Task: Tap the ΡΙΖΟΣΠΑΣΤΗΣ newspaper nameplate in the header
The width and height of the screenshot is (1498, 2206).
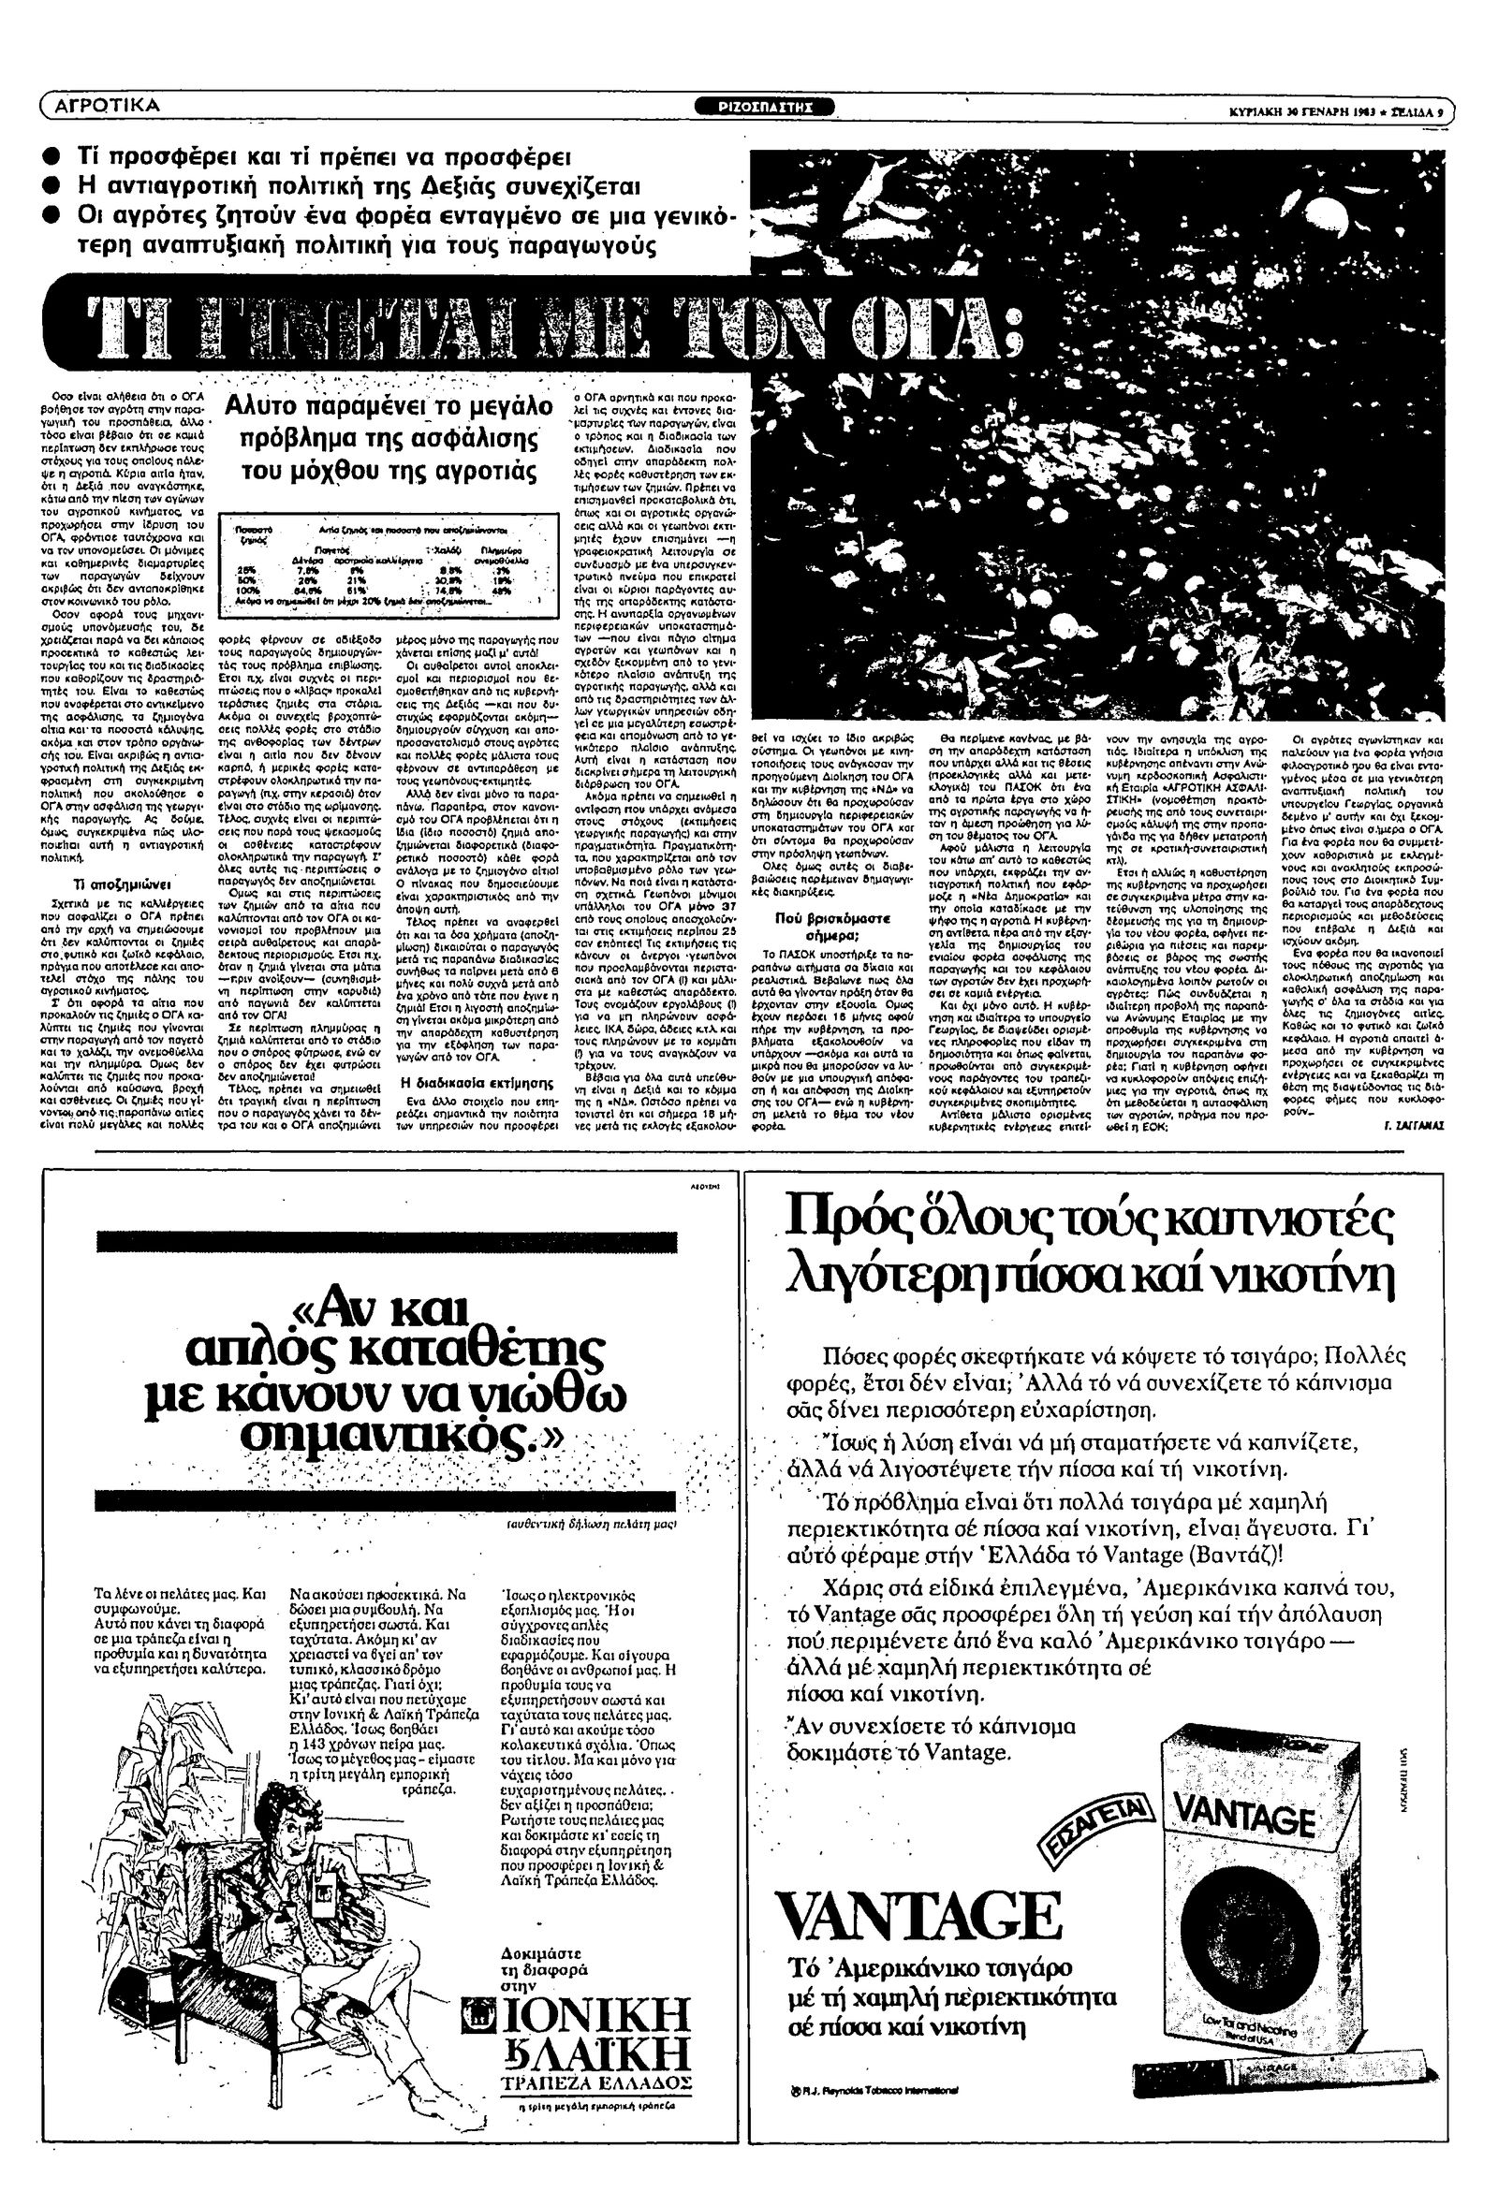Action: (x=774, y=107)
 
